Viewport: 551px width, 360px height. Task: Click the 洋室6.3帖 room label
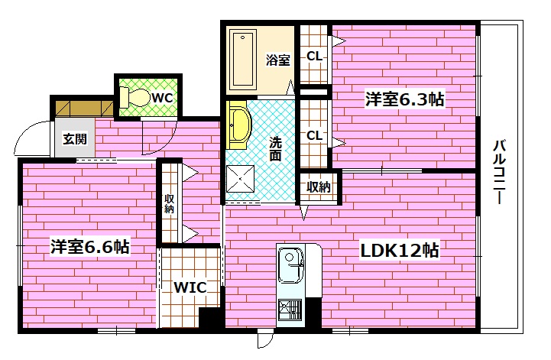click(x=404, y=99)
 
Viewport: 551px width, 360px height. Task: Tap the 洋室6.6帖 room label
click(x=89, y=247)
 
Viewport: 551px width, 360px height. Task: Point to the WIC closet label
click(x=187, y=288)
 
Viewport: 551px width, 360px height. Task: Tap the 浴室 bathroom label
click(x=277, y=60)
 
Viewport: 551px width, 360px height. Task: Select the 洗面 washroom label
click(x=275, y=148)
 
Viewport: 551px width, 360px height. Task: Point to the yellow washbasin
click(x=238, y=125)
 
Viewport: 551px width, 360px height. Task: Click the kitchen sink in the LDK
click(x=290, y=266)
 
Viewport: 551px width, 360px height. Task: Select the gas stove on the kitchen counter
click(x=291, y=309)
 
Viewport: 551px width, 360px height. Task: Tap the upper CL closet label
click(x=313, y=56)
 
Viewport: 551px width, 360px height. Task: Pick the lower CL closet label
click(x=313, y=135)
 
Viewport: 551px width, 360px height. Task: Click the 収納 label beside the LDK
click(x=319, y=186)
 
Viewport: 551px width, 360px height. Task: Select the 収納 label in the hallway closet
click(x=169, y=203)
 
